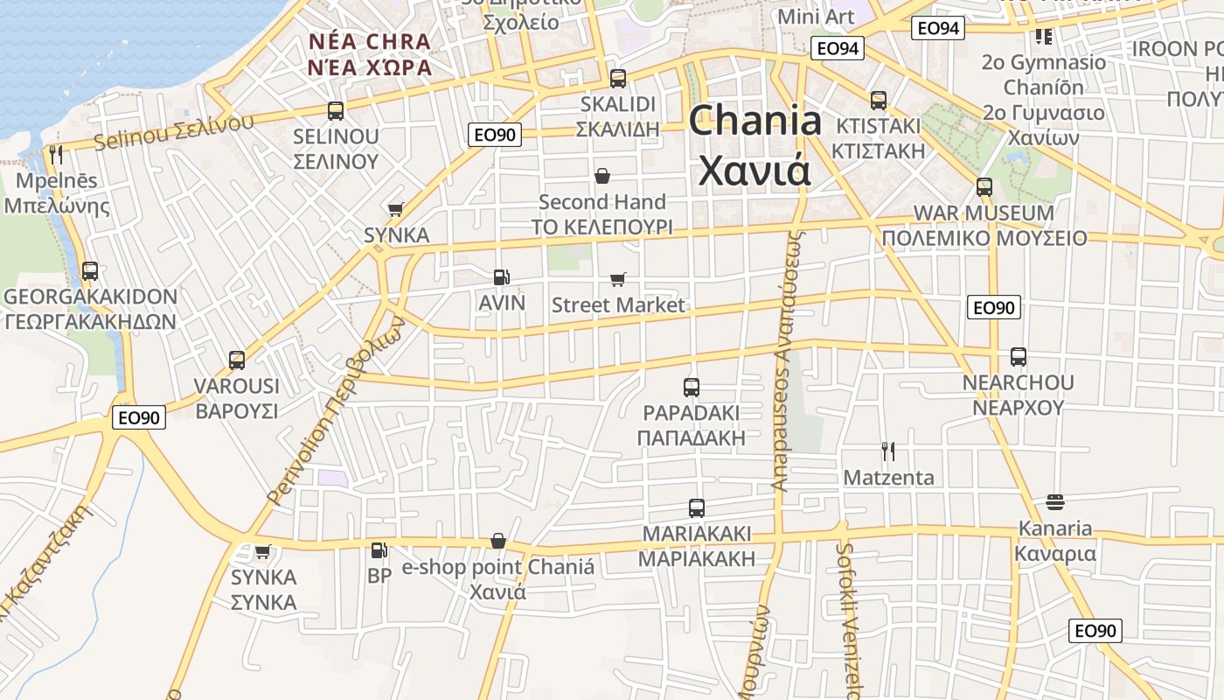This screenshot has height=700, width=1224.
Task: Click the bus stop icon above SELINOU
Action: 336,111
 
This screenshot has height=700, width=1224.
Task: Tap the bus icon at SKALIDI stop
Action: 618,79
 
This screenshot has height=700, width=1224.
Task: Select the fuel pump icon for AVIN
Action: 501,277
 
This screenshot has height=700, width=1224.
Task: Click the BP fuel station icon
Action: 379,550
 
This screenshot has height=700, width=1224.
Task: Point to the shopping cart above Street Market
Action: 618,279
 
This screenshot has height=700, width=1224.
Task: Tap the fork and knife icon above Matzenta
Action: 888,451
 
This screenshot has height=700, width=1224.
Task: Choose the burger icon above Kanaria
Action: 1054,502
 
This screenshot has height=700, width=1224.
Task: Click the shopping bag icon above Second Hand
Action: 602,177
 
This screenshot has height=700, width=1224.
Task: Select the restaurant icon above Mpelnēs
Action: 56,155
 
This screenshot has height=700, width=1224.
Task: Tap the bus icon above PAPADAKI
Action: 692,387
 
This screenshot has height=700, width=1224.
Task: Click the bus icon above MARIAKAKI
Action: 697,507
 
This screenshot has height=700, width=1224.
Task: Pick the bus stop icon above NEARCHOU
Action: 1019,357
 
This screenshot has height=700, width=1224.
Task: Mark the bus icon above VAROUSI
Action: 237,360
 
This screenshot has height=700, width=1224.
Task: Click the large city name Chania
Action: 755,121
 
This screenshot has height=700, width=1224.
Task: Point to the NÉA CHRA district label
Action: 370,42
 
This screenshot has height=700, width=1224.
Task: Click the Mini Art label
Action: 815,17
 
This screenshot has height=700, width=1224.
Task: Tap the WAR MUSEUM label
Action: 984,213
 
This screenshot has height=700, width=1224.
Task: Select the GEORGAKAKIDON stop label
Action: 90,297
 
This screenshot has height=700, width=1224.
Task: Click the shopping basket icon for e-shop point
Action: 498,541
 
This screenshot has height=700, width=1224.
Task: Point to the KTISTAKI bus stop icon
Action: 879,101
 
